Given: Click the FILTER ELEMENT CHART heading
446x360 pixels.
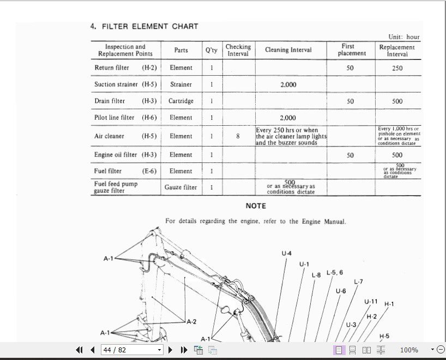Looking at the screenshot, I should click(144, 26).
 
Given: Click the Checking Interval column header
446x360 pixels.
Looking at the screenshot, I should click(238, 50).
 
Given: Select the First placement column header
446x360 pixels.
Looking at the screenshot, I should click(352, 50).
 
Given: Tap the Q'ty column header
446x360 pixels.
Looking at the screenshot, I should click(211, 50).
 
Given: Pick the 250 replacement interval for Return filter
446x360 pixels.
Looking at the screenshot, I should click(397, 68).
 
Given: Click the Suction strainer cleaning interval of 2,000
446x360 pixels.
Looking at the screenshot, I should click(288, 84).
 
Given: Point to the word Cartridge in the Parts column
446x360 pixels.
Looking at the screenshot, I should click(181, 101).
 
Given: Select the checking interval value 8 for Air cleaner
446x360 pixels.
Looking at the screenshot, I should click(238, 136).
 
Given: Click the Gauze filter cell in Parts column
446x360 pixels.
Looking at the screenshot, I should click(181, 187).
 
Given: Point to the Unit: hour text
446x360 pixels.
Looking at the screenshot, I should click(404, 37).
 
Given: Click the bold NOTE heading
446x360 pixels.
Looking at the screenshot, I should click(256, 206).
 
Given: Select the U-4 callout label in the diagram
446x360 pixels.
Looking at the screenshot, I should click(286, 253).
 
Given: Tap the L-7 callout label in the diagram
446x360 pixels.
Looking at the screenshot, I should click(358, 282).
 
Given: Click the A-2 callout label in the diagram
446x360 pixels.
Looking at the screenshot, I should click(191, 322).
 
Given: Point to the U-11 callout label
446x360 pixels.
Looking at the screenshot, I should click(371, 301).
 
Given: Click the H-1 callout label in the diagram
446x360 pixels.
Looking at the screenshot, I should click(389, 304).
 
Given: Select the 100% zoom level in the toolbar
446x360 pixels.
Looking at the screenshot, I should click(409, 350).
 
